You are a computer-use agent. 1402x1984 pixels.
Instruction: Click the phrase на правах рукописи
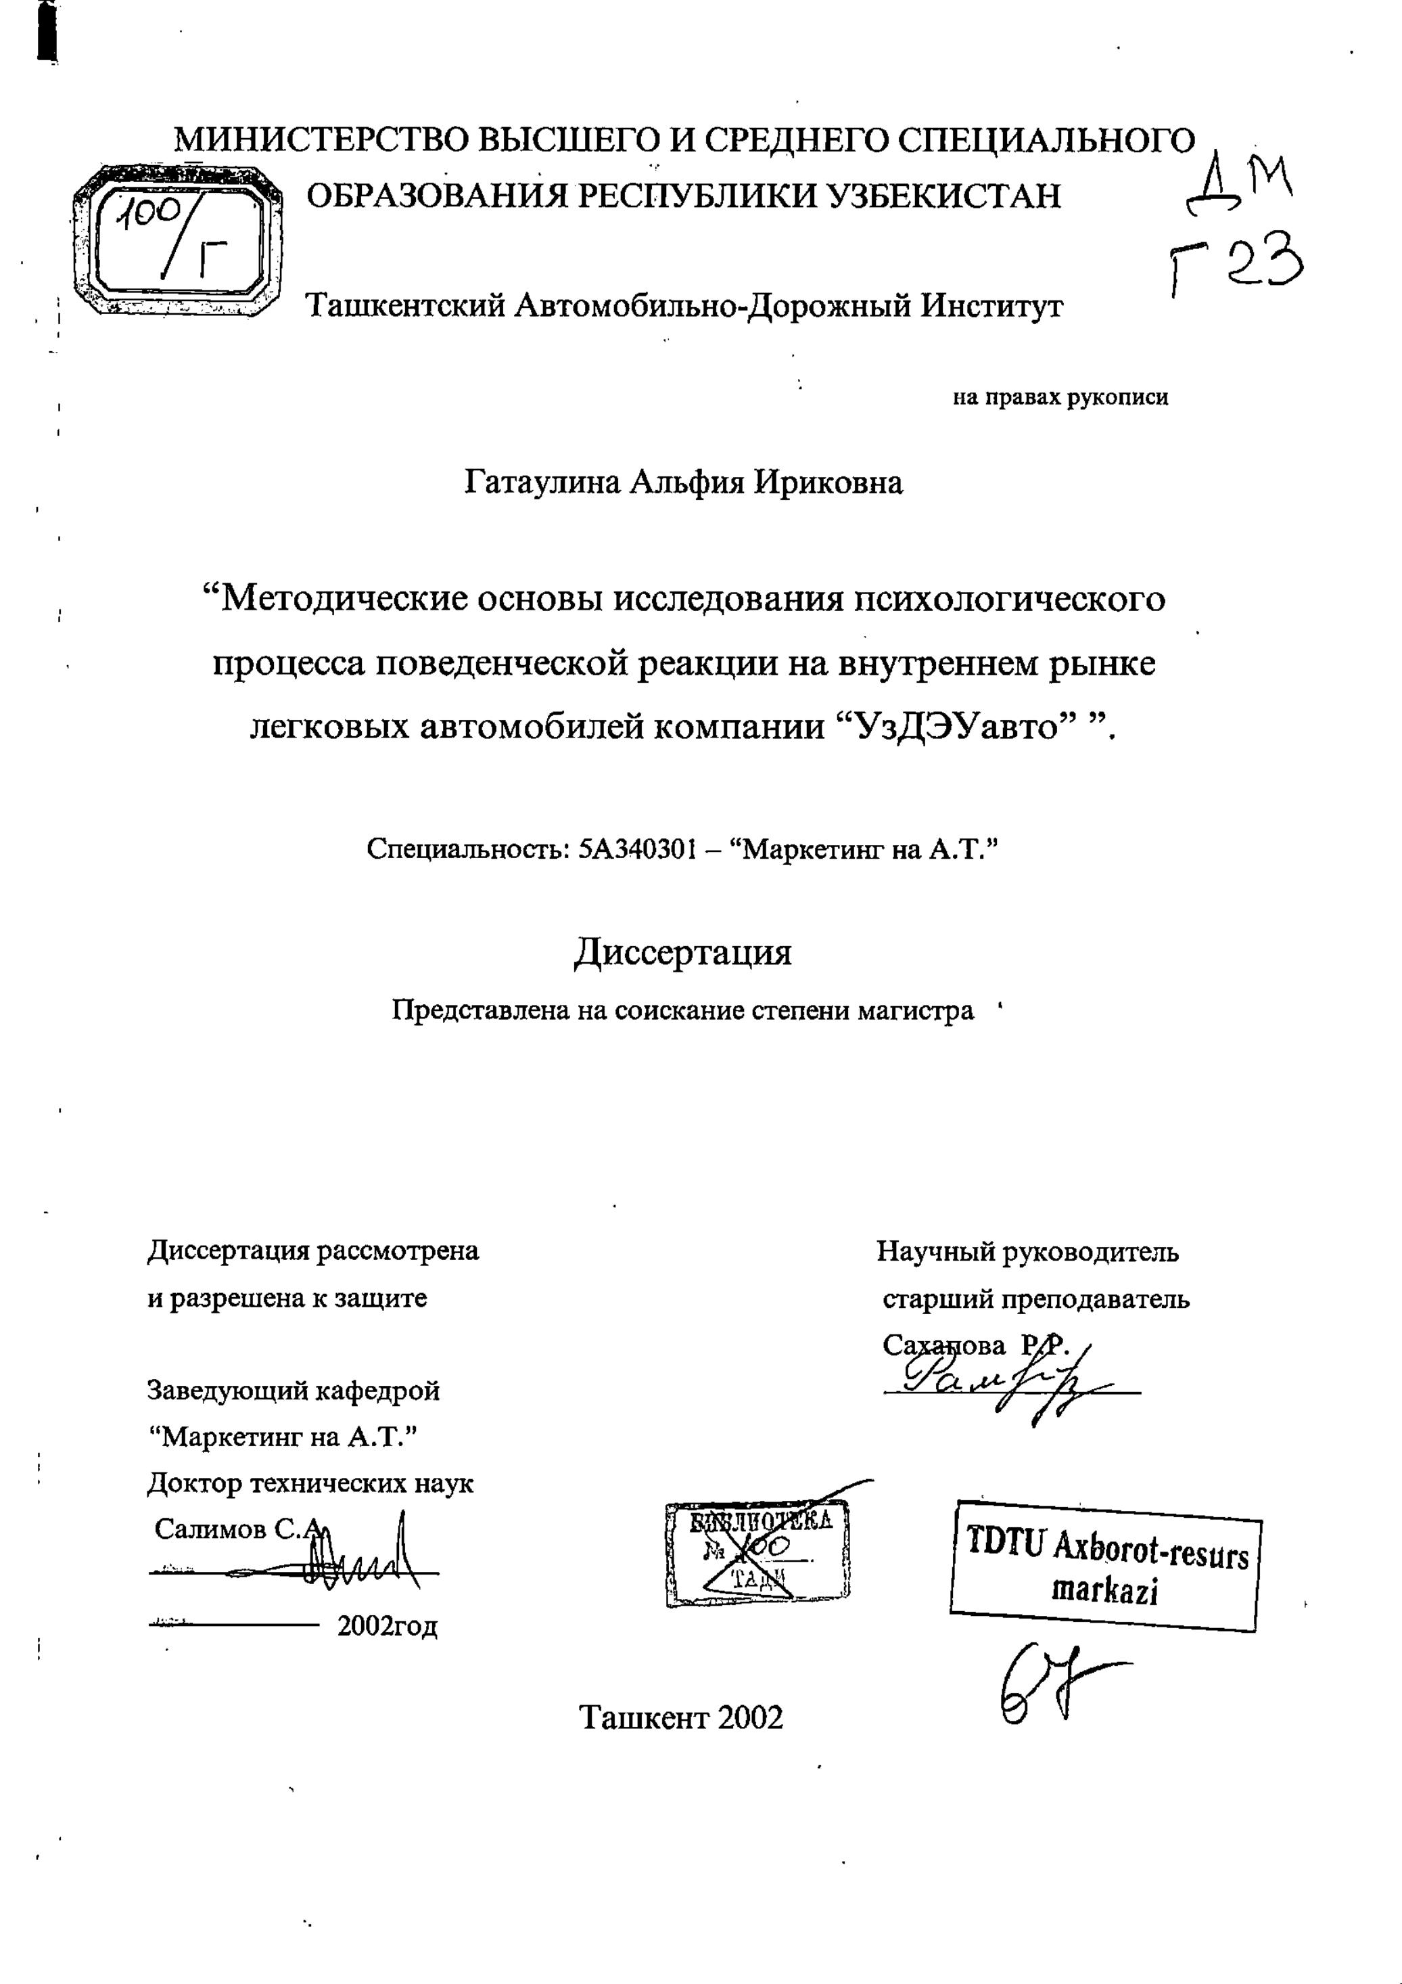[1060, 399]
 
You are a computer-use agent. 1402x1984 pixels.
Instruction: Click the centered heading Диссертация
[682, 952]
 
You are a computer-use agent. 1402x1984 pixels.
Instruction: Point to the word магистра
[915, 1011]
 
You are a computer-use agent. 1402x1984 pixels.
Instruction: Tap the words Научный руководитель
[1028, 1251]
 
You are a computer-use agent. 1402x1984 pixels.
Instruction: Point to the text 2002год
[387, 1626]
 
